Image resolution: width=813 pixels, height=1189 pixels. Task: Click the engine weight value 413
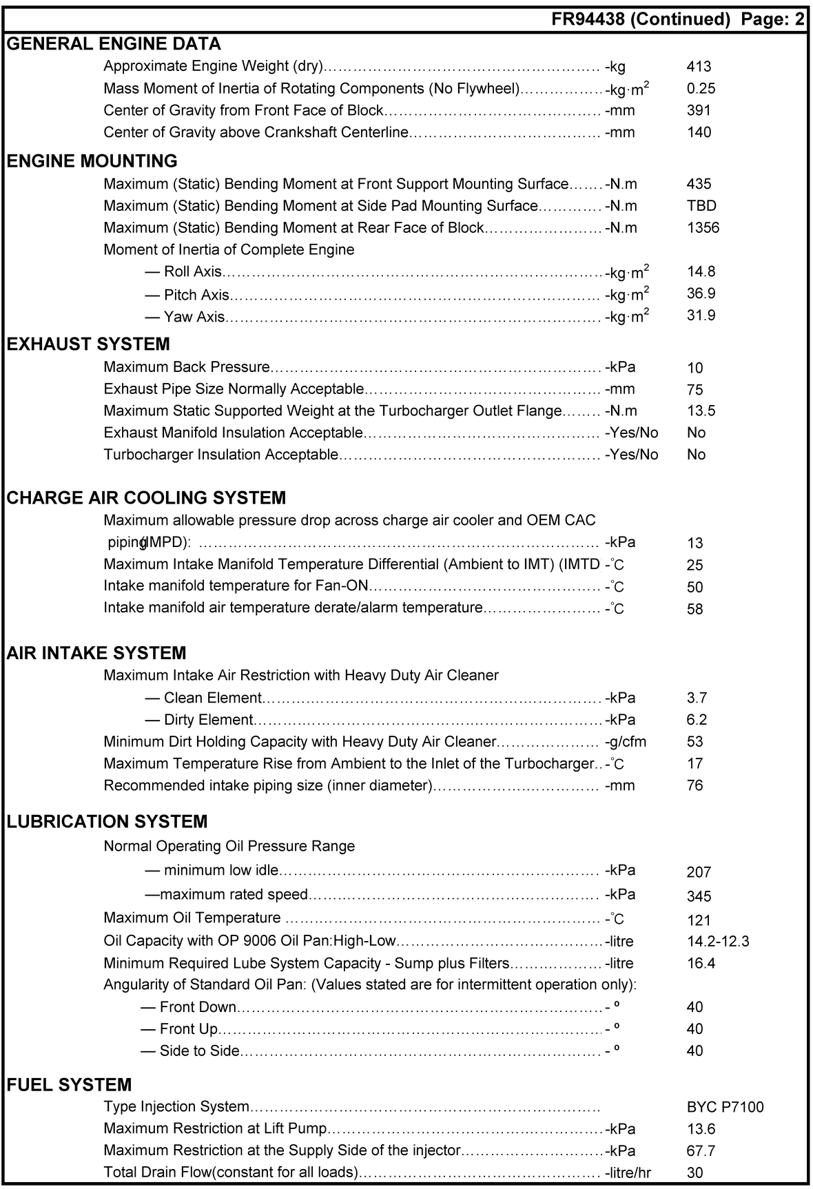(x=699, y=67)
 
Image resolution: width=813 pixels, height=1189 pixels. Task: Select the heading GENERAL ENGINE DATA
(x=114, y=44)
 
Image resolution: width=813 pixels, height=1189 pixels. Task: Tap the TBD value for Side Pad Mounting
(x=701, y=206)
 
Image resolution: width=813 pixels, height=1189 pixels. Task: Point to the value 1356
(x=703, y=228)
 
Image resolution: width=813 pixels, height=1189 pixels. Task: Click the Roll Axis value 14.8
(x=701, y=272)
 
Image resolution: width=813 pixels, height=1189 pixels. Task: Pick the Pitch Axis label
(x=196, y=295)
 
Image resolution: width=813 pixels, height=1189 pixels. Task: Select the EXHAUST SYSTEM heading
(x=88, y=344)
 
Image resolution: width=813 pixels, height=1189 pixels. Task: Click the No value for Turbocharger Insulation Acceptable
(x=696, y=455)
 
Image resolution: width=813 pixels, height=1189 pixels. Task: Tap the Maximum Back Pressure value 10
(x=694, y=368)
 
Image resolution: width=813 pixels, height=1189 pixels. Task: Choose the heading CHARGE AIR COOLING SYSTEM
(x=146, y=498)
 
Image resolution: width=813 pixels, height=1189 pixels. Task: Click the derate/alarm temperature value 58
(x=694, y=609)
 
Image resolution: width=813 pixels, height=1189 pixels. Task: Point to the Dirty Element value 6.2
(x=697, y=720)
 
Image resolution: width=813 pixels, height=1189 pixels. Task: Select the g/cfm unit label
(x=626, y=742)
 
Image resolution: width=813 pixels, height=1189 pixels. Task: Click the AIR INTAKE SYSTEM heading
(x=96, y=653)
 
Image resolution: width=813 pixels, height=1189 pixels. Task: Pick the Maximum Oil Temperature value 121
(x=698, y=920)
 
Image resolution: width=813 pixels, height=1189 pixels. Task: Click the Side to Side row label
(x=199, y=1051)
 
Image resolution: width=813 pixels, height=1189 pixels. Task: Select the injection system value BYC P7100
(x=725, y=1107)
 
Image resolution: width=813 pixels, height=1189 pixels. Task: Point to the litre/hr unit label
(x=628, y=1172)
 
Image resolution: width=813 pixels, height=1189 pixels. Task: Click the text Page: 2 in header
(x=772, y=19)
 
